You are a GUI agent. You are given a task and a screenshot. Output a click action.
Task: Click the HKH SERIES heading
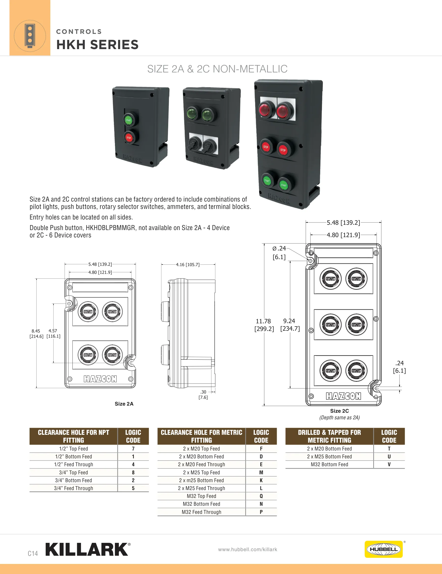(x=97, y=45)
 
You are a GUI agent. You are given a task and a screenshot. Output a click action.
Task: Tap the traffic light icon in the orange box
(x=30, y=36)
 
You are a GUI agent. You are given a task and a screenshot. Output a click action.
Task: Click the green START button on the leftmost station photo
(x=129, y=120)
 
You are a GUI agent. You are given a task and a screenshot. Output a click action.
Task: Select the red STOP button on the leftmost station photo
(x=129, y=137)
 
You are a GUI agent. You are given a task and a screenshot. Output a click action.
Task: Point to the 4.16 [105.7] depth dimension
(x=188, y=264)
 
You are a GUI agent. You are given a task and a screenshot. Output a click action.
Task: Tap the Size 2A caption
(x=124, y=404)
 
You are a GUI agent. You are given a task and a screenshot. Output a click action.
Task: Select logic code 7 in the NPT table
(x=133, y=449)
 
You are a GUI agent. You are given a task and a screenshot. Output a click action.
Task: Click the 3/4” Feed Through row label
(x=74, y=488)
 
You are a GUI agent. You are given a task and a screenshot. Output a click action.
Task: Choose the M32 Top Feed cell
(x=201, y=496)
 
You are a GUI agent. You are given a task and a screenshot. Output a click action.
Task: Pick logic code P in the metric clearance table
(x=261, y=512)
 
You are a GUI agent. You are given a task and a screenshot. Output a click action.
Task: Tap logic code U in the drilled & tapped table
(x=389, y=456)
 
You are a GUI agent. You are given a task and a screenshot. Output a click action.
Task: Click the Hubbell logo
(x=384, y=549)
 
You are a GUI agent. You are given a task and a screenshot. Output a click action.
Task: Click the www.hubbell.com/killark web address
(x=248, y=549)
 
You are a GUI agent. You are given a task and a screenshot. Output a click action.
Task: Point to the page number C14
(x=33, y=553)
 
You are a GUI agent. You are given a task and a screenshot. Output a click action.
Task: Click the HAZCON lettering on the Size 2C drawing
(x=343, y=396)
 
